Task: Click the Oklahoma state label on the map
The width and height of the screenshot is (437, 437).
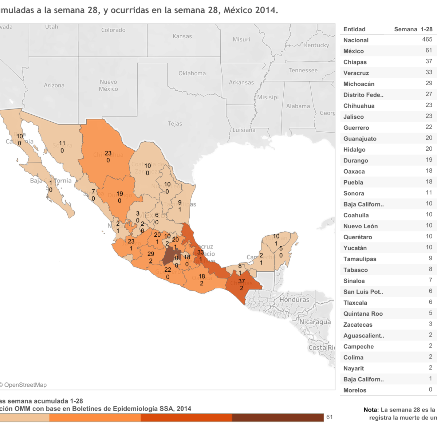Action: tap(192, 73)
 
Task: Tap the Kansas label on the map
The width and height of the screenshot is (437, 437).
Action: tap(182, 36)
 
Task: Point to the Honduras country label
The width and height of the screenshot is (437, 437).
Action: tap(294, 300)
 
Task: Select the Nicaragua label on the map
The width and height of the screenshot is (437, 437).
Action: tap(315, 322)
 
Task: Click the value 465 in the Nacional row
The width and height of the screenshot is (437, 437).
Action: tap(427, 39)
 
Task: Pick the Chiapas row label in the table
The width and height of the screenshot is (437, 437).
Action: tap(355, 62)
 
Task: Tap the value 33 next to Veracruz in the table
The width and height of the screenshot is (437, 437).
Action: tap(429, 72)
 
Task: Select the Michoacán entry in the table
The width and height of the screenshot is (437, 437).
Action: tap(359, 84)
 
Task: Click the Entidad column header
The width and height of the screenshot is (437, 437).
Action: tap(354, 29)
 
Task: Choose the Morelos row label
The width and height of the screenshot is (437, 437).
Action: tap(355, 390)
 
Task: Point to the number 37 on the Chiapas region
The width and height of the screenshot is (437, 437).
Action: tap(241, 281)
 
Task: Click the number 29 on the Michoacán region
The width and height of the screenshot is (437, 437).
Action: tap(151, 254)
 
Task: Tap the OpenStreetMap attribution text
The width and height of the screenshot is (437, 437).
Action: tap(25, 385)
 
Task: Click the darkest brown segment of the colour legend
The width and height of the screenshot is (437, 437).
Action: tap(277, 417)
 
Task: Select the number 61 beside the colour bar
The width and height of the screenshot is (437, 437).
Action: tap(330, 417)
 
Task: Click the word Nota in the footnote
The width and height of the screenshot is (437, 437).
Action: tap(370, 410)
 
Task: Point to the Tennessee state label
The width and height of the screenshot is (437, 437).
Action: tap(303, 70)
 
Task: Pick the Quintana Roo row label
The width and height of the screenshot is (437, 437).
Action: tap(363, 314)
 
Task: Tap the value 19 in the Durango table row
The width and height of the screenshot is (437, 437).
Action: tap(429, 160)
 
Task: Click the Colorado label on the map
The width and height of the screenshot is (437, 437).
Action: tap(113, 30)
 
